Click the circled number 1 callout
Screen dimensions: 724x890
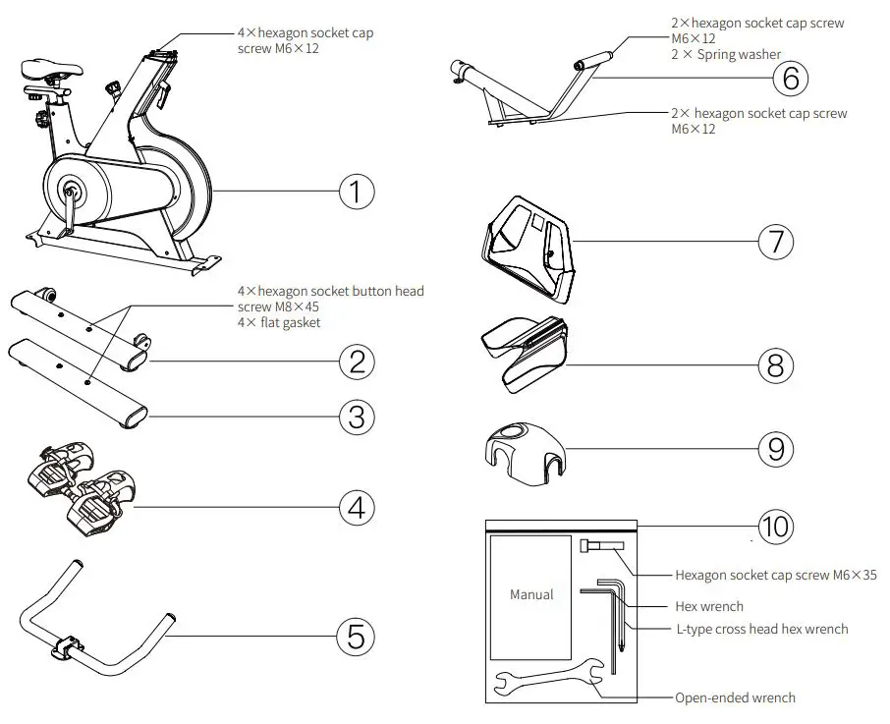tap(357, 191)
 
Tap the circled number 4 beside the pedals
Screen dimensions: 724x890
tap(357, 507)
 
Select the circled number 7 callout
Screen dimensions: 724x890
tap(776, 241)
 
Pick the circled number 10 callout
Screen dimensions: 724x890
tap(776, 526)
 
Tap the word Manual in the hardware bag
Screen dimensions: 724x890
tap(531, 594)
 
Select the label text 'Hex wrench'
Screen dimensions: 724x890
tap(709, 606)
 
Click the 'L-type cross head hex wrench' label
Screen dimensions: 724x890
tap(761, 629)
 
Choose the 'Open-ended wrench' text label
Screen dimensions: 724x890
tap(735, 697)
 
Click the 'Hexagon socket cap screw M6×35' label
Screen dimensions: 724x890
tap(775, 576)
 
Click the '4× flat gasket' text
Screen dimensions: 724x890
tap(279, 323)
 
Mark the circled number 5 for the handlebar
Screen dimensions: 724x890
tap(357, 636)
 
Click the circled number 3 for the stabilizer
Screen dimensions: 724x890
tap(357, 417)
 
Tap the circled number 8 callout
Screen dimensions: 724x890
tap(776, 365)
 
